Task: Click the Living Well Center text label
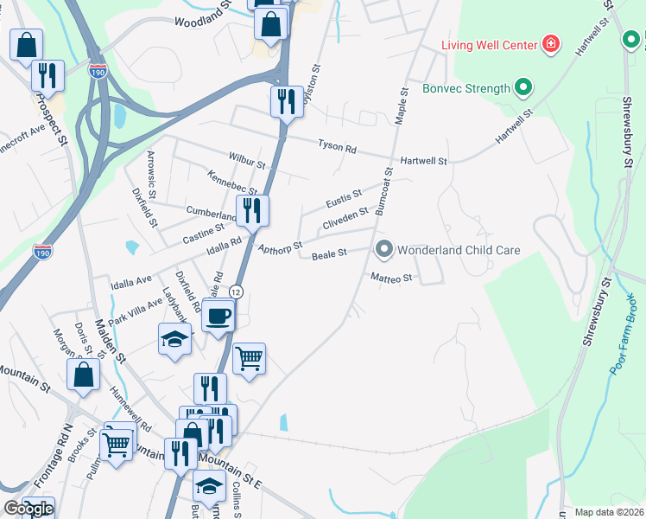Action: pos(490,44)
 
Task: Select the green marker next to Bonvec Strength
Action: pos(522,88)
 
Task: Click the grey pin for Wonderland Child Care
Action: pos(383,250)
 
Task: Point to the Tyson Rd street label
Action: pos(337,148)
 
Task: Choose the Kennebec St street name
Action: pos(232,183)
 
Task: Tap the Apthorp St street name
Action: pos(280,248)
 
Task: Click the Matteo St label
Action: pos(393,279)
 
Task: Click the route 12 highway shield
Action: pos(236,293)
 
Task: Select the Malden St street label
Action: pos(110,338)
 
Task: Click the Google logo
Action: pos(28,509)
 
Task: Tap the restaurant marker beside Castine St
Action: pos(252,210)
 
